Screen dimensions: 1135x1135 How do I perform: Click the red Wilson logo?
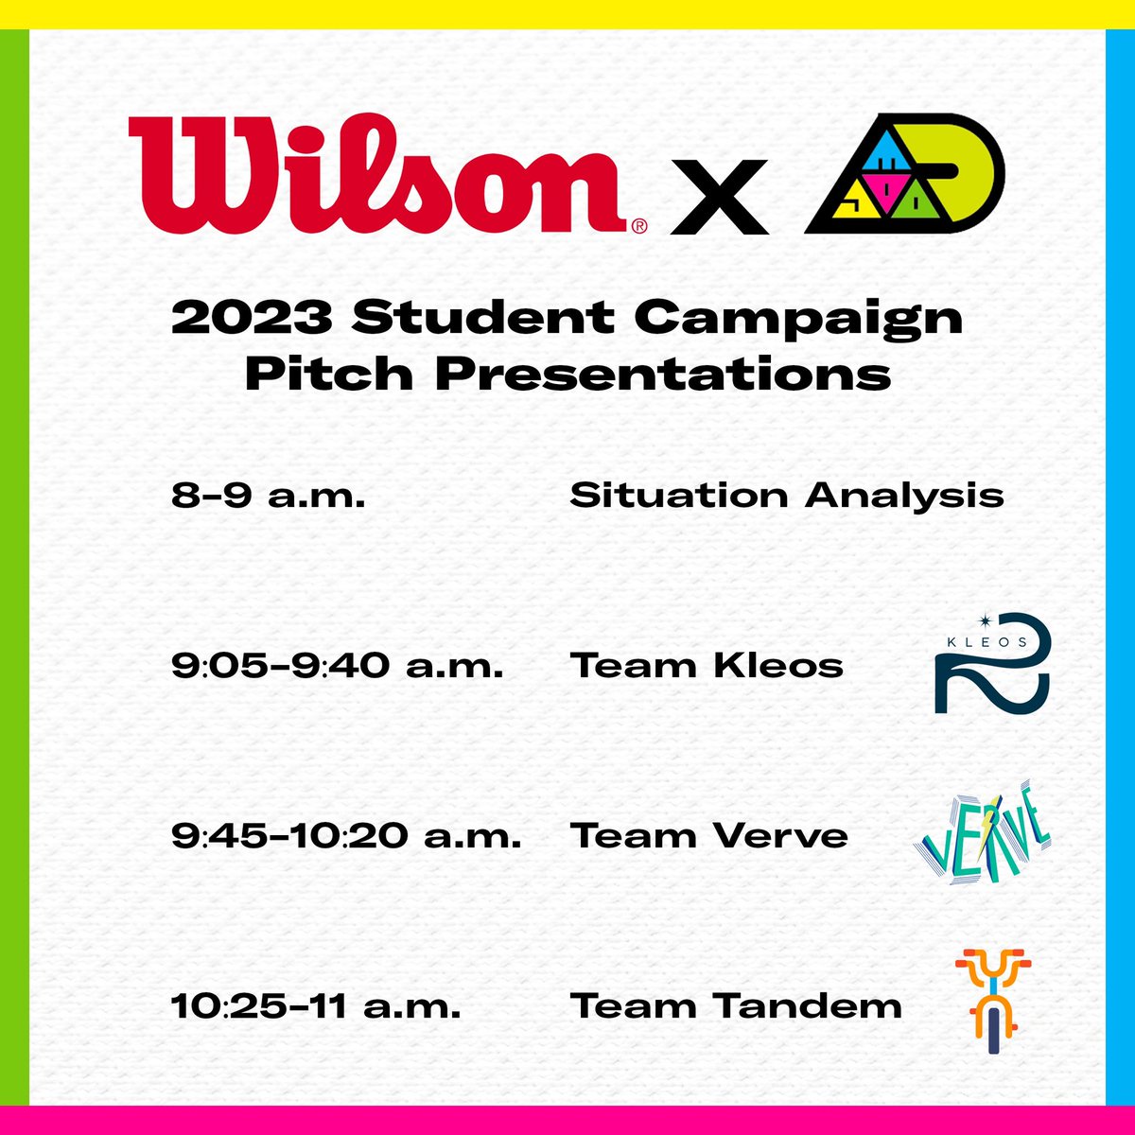coord(378,175)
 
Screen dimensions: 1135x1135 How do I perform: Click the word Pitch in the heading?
coord(328,375)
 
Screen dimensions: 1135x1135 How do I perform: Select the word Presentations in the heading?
coord(662,375)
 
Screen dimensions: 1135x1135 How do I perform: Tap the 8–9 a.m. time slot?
coord(268,496)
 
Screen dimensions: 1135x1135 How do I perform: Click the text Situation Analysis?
coord(786,496)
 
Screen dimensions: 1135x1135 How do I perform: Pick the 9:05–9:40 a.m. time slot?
coord(337,666)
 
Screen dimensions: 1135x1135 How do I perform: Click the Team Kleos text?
coord(706,666)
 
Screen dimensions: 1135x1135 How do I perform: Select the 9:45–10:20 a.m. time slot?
coord(346,836)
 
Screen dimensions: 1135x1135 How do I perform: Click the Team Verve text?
coord(708,836)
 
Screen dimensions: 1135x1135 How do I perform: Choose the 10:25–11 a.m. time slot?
coord(316,1006)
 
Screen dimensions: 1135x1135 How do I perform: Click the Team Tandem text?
coord(735,1006)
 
